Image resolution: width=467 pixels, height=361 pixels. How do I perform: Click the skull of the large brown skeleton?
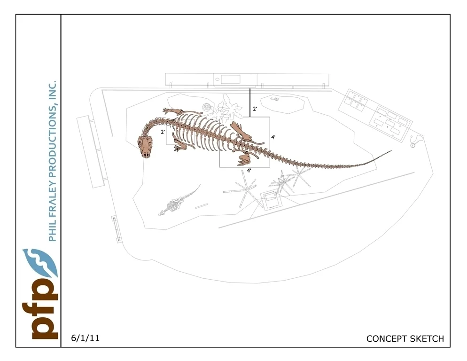[147, 147]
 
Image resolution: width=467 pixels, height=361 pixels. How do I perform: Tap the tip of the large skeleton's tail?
[391, 151]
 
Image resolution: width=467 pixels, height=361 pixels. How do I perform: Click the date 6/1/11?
[85, 338]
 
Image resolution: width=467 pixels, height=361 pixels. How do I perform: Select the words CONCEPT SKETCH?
[405, 338]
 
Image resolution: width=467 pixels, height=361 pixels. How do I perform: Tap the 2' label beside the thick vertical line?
[255, 109]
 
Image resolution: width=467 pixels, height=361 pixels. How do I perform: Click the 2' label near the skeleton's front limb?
[163, 132]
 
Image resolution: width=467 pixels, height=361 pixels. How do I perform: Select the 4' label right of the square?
[273, 137]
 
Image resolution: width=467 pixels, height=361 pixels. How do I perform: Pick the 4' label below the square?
[249, 170]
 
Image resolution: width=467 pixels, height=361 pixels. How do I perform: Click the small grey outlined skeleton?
[176, 203]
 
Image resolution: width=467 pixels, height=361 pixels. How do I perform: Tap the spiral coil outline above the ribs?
[207, 108]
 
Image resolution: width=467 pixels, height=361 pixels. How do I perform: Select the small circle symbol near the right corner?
[412, 145]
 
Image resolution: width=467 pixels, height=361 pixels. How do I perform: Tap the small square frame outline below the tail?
[271, 200]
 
